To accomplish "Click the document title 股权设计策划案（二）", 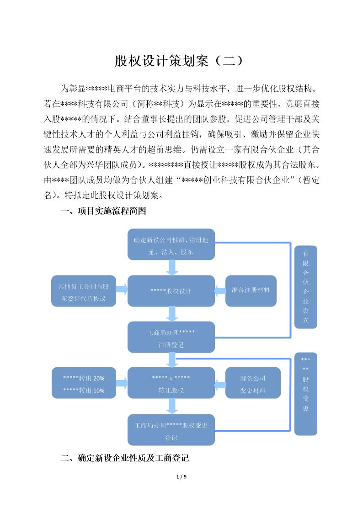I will click(x=181, y=61).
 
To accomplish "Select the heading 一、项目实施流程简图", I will click(x=103, y=211).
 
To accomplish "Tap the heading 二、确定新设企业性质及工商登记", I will click(x=125, y=458).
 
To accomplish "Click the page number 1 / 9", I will click(x=181, y=477).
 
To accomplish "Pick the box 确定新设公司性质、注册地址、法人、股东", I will click(x=171, y=245).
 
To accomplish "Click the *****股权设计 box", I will click(x=171, y=291).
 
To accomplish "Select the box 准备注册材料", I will click(x=251, y=291).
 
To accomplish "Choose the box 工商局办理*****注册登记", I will click(x=171, y=338).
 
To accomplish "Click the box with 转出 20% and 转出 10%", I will click(x=83, y=384).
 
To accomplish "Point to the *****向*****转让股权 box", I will click(x=171, y=384).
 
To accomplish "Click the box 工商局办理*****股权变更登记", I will click(x=171, y=430).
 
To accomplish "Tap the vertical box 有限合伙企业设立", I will click(x=305, y=287).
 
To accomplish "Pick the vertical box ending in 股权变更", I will click(x=305, y=393).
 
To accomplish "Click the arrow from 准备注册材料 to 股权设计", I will click(x=220, y=291).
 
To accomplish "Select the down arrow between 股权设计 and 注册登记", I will click(x=172, y=314).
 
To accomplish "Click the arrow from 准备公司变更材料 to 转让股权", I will click(x=220, y=384).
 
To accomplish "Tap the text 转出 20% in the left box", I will click(x=84, y=378).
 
